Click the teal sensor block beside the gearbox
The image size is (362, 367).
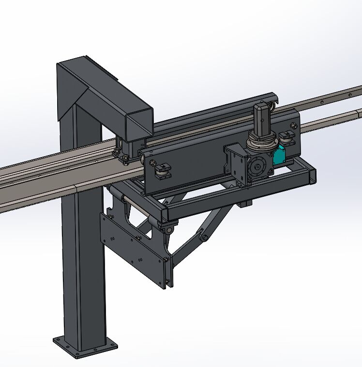coord(279,155)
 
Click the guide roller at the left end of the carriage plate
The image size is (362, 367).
coord(162,171)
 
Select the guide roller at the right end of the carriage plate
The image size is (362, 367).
coord(287,139)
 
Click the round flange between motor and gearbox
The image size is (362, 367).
coord(261,143)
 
